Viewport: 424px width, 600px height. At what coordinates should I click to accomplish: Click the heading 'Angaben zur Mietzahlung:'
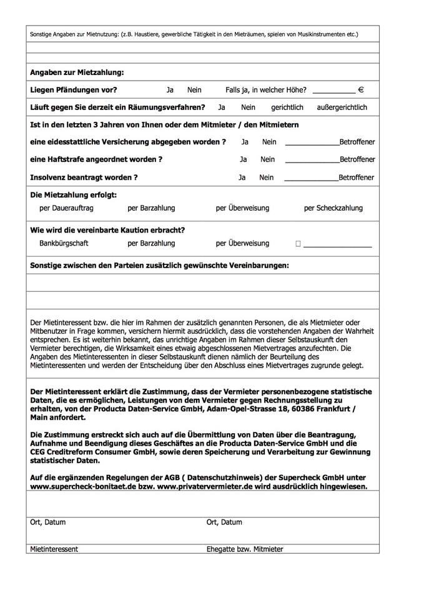[77, 73]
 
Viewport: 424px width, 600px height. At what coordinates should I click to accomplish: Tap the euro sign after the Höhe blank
[361, 90]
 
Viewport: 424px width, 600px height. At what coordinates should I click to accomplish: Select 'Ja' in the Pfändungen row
[170, 90]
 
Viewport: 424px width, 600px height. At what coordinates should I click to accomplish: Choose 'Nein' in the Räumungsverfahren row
[249, 107]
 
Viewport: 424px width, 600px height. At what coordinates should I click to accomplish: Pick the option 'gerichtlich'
[287, 107]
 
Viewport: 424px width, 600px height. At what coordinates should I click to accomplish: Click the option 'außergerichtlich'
[342, 107]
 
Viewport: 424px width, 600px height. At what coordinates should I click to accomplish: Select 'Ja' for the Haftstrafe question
[244, 159]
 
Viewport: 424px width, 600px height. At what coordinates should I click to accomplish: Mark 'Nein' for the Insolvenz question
[267, 177]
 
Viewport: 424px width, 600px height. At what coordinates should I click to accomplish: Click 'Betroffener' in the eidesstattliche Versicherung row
[357, 142]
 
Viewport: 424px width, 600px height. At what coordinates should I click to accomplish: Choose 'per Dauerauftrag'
[66, 208]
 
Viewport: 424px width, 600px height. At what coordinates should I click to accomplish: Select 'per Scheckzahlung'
[333, 208]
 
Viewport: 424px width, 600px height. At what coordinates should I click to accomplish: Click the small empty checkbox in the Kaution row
[298, 244]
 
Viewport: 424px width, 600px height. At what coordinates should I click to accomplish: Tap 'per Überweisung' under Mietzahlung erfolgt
[242, 208]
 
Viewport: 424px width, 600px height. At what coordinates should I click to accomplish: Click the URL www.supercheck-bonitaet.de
[78, 486]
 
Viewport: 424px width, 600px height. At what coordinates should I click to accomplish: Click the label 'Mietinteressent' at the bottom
[54, 549]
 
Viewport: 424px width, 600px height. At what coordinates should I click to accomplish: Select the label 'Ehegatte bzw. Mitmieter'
[245, 549]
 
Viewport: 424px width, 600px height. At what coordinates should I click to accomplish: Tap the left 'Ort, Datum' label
[47, 522]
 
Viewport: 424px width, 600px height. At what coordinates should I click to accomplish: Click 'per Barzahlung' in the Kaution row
[151, 243]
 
